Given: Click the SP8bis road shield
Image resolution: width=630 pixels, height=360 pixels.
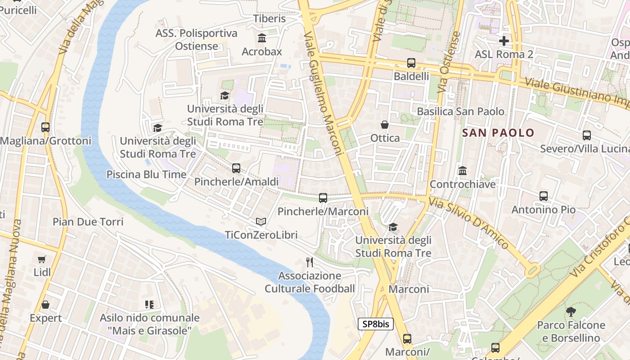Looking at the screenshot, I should (x=376, y=324).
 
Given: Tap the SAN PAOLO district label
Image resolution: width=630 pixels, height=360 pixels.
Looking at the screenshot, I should (x=498, y=133).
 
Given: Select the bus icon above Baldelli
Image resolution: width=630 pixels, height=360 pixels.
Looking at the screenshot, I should (x=411, y=63).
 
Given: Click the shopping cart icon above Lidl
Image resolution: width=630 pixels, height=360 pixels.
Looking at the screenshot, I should (x=42, y=259).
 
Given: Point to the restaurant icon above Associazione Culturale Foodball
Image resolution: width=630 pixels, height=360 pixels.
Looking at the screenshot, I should (x=310, y=262).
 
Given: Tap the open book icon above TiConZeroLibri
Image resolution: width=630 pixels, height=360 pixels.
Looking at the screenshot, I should (x=261, y=221).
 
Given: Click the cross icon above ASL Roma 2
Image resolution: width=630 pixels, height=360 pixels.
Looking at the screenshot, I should (x=504, y=41).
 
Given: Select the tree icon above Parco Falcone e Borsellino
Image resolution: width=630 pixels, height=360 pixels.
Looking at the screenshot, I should (x=571, y=311).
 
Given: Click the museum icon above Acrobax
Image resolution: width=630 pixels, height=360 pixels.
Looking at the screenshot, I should (x=261, y=38).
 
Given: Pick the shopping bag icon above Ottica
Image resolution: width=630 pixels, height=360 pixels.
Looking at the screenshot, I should (x=385, y=125).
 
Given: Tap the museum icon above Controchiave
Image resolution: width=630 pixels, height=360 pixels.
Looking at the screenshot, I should (x=463, y=171).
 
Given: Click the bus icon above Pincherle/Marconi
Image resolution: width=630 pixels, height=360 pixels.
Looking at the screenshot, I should (x=323, y=198).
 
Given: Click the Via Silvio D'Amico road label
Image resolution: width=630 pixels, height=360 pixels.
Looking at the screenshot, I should (x=468, y=223).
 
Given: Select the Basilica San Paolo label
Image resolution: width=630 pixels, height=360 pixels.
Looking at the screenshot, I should (x=461, y=111).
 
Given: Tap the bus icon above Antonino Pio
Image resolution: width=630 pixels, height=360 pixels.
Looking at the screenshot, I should (x=544, y=196).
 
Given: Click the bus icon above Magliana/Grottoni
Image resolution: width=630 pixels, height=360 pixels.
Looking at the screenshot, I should (x=45, y=127).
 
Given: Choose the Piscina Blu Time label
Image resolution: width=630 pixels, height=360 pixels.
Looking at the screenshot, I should (x=146, y=174).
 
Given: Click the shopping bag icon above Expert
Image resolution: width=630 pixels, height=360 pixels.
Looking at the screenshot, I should (x=45, y=305).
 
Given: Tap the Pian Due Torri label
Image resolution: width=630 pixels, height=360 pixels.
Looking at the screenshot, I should (x=88, y=221).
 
